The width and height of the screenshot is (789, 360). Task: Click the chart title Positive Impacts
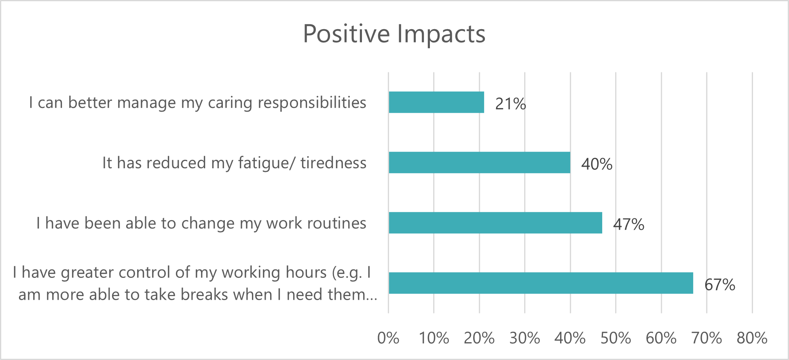point(394,34)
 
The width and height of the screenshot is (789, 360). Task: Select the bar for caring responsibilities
point(436,102)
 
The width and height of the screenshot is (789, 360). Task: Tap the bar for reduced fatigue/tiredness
point(479,163)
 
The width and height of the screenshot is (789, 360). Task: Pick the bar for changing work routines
point(495,223)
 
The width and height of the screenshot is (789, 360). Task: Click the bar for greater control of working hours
point(541,283)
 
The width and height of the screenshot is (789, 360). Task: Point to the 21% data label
point(511,104)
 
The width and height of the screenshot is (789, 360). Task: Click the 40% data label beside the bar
point(597,164)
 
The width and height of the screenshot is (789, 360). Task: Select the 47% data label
point(629,224)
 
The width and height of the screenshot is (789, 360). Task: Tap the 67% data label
point(720,285)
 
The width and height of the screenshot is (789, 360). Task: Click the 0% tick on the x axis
point(388,338)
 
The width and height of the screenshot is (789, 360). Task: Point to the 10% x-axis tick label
point(434,338)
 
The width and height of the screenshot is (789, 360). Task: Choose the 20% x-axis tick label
point(479,338)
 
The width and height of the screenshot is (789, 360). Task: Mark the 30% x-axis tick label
point(525,338)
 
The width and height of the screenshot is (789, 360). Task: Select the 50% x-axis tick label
point(616,338)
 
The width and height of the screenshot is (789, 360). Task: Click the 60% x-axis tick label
point(661,338)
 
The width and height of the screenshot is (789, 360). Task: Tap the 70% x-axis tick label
point(707,338)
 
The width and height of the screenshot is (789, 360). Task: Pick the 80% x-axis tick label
point(752,338)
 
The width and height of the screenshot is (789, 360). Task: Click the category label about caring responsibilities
point(198,103)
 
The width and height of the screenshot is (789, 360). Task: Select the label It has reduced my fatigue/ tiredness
point(235,163)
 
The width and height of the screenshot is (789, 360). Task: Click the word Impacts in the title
point(441,34)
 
